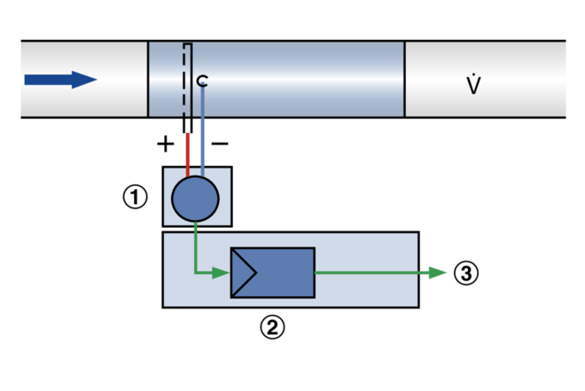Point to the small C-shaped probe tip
202,81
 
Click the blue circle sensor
195,199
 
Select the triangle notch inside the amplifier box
243,272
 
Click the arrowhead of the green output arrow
438,272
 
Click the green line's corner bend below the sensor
196,272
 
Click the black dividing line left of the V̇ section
405,79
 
